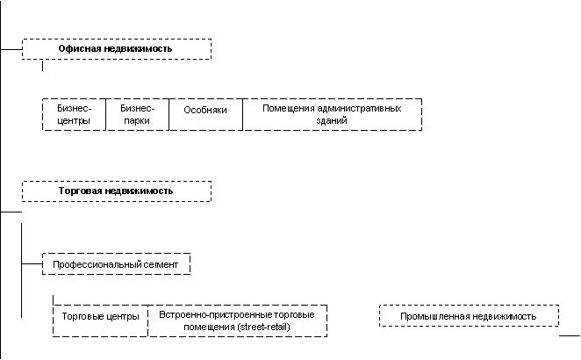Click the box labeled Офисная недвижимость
117,49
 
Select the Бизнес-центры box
74,114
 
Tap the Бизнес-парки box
138,114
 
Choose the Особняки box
205,114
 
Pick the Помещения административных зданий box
333,114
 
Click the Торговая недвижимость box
117,191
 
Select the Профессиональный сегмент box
117,264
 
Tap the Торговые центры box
100,320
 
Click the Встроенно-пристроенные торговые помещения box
238,320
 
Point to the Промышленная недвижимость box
469,315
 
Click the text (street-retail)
264,327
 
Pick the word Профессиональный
90,264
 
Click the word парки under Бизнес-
137,121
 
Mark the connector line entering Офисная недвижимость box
11,49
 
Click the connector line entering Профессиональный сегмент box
32,264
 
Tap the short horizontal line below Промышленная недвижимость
570,336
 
